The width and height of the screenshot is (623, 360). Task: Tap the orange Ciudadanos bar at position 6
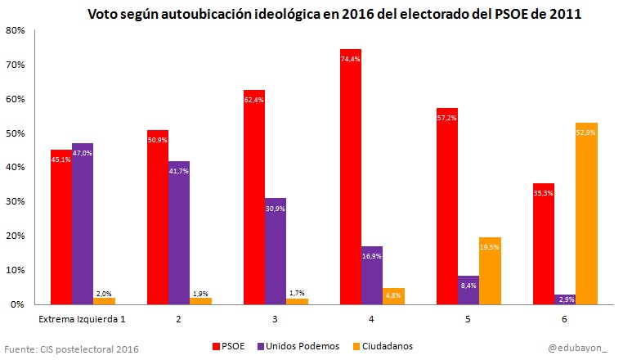click(565, 214)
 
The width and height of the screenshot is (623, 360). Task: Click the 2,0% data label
click(104, 294)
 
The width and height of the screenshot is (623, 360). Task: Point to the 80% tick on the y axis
click(15, 30)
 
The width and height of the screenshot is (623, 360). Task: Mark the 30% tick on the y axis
click(15, 201)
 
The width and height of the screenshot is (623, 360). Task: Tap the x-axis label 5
click(468, 318)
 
